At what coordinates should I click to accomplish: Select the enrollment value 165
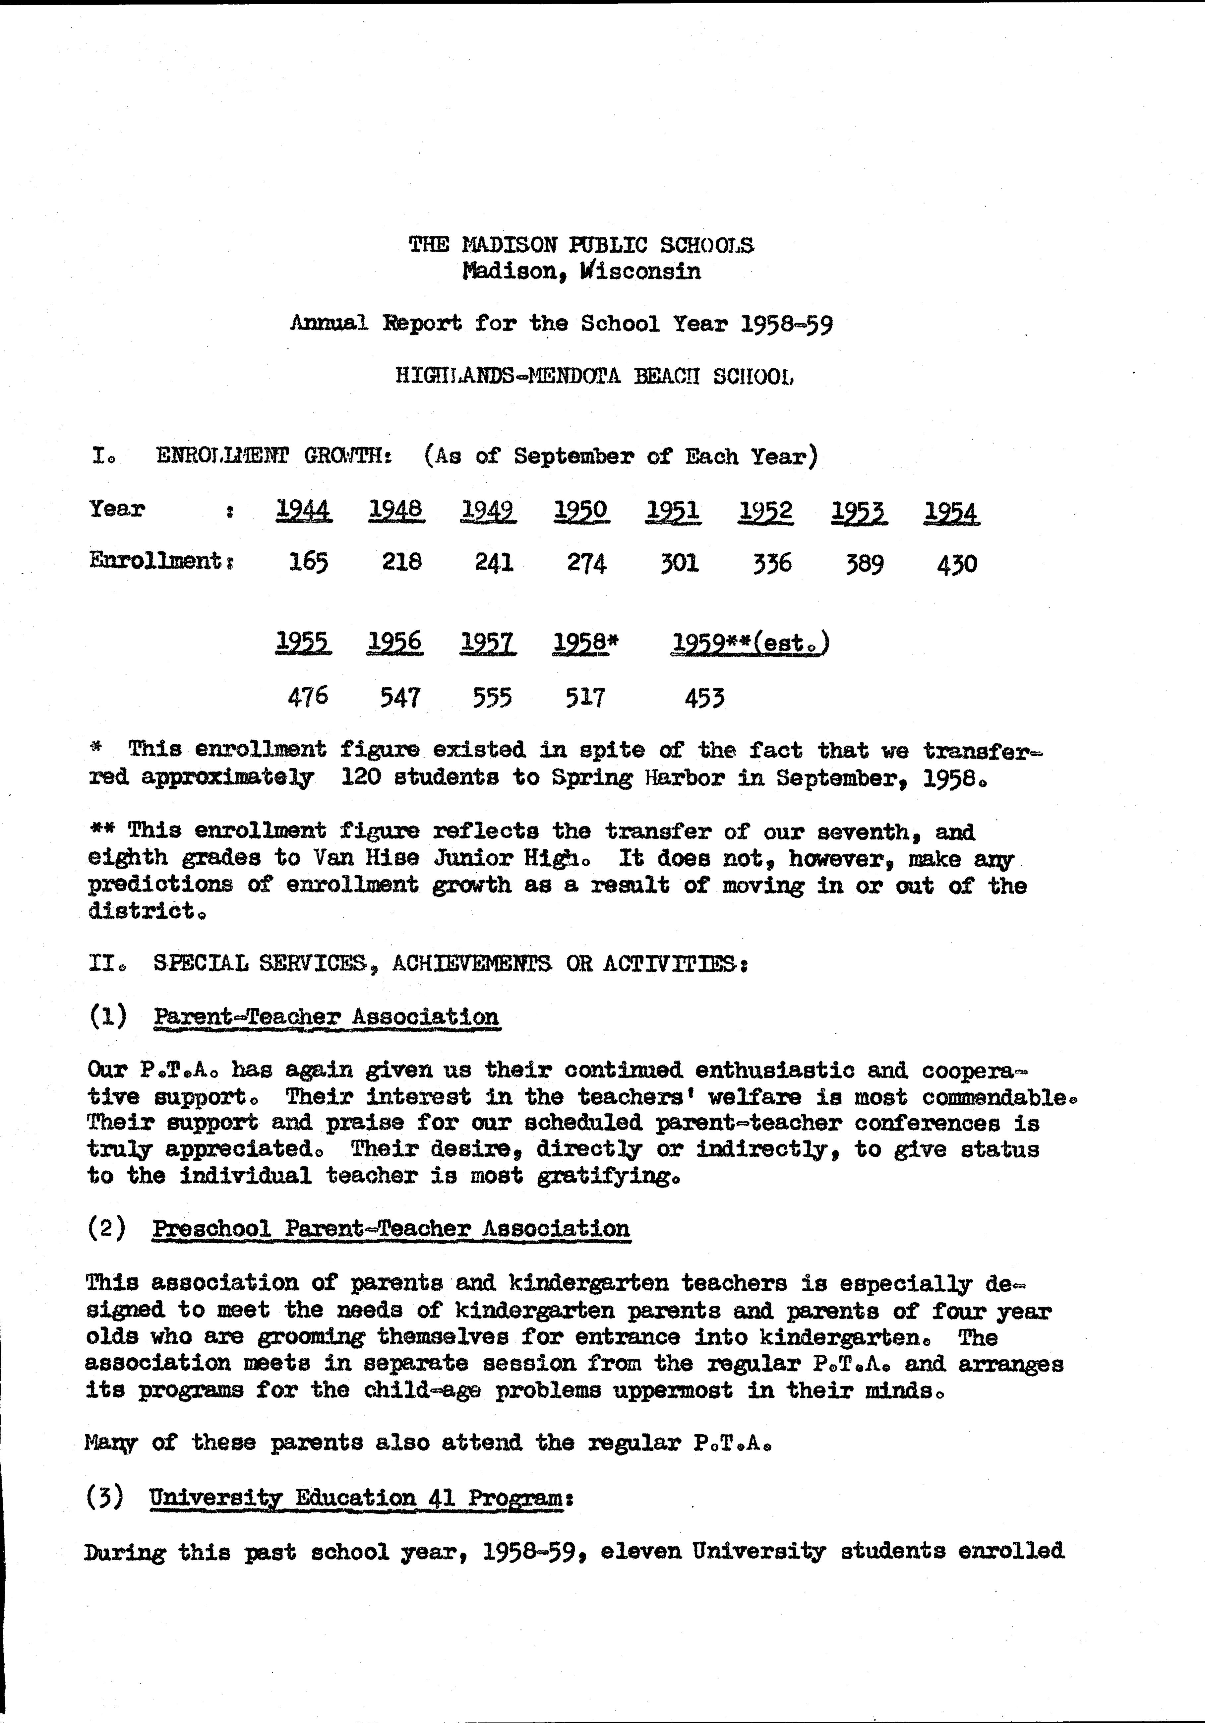[308, 562]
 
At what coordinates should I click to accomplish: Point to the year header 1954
[951, 513]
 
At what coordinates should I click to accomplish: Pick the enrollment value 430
[957, 563]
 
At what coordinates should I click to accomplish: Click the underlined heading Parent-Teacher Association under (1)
[327, 1017]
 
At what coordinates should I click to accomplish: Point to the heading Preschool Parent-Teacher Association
[391, 1228]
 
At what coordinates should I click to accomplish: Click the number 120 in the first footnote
[359, 777]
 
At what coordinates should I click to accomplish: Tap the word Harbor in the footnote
[684, 777]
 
